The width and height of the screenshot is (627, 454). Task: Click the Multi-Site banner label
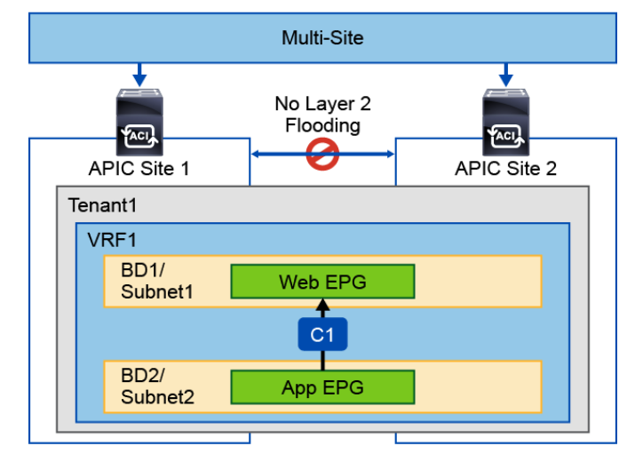click(322, 37)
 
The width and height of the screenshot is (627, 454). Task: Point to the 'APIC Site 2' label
click(505, 170)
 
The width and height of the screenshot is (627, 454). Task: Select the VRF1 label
click(109, 238)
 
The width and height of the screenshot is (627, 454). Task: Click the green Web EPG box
click(322, 282)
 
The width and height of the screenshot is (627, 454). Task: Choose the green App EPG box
click(322, 386)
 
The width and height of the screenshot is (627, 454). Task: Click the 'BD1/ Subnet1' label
click(152, 282)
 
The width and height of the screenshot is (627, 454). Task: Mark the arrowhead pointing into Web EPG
click(322, 305)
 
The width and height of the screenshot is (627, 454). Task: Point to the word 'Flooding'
click(322, 125)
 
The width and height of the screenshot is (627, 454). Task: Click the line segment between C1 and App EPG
click(322, 360)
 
